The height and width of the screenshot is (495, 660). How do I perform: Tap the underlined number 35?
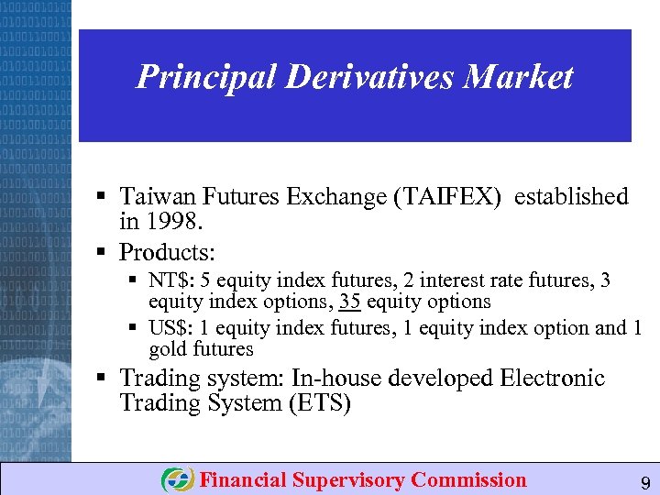(347, 302)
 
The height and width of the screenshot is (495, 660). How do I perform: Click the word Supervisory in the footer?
(348, 480)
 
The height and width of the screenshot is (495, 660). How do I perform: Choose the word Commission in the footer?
(468, 480)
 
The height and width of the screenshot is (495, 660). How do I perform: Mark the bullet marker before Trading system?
(104, 378)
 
